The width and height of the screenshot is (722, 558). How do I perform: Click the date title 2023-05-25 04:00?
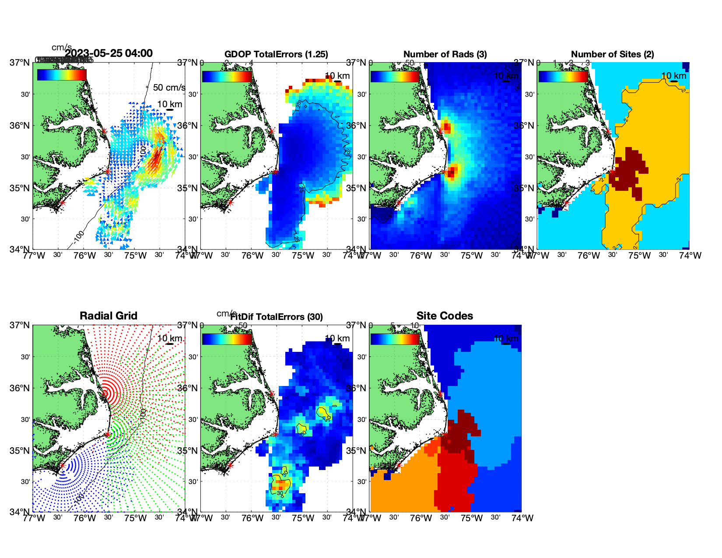click(x=109, y=53)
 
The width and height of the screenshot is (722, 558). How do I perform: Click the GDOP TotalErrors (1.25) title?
click(x=276, y=54)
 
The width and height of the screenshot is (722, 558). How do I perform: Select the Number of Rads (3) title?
click(x=445, y=54)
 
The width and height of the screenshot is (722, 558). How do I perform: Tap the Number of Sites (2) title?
click(x=612, y=54)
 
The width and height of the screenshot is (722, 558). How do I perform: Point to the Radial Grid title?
click(x=109, y=316)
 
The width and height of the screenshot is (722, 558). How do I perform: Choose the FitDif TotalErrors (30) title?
click(x=277, y=317)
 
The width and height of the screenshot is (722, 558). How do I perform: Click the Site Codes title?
click(x=445, y=316)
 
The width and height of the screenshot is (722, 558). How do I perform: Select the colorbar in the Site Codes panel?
click(x=395, y=339)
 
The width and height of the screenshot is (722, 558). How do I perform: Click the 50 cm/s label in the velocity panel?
click(x=169, y=88)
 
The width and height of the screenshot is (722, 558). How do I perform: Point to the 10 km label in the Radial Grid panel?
click(x=169, y=338)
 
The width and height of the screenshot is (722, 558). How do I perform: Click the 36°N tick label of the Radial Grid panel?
click(x=20, y=388)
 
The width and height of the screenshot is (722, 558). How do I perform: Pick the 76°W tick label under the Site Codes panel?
click(x=421, y=518)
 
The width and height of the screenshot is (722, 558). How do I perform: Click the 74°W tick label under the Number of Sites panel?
click(x=690, y=256)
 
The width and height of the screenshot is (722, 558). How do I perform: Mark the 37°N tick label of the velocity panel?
click(x=20, y=63)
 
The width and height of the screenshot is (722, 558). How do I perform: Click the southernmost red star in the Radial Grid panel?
click(x=62, y=466)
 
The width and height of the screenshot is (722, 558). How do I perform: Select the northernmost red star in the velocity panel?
click(x=104, y=131)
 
